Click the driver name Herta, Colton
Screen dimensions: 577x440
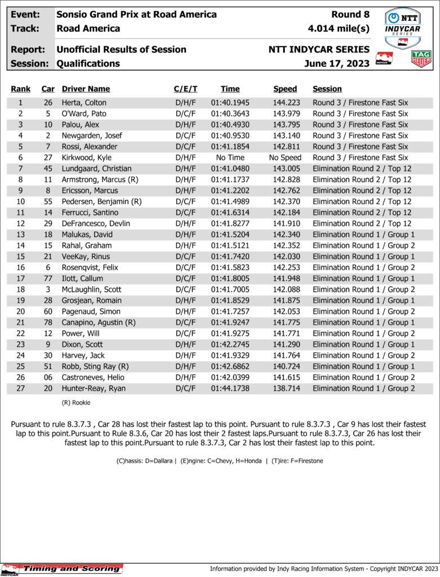[84, 103]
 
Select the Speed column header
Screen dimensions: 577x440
[285, 89]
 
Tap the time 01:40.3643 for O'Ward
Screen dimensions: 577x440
[230, 114]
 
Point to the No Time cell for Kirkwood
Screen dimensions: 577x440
[230, 158]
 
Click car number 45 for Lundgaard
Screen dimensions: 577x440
[48, 168]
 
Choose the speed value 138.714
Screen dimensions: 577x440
[285, 388]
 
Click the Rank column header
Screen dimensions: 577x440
[21, 89]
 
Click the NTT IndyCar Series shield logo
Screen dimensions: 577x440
[402, 28]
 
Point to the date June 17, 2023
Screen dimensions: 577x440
[337, 64]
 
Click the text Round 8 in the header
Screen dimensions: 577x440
[351, 15]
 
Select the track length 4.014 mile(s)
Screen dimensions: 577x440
[338, 28]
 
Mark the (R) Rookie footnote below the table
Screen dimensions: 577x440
[76, 403]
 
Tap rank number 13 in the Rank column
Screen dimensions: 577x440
[21, 234]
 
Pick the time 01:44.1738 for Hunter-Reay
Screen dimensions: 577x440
[230, 388]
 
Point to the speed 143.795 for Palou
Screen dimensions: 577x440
[285, 125]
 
